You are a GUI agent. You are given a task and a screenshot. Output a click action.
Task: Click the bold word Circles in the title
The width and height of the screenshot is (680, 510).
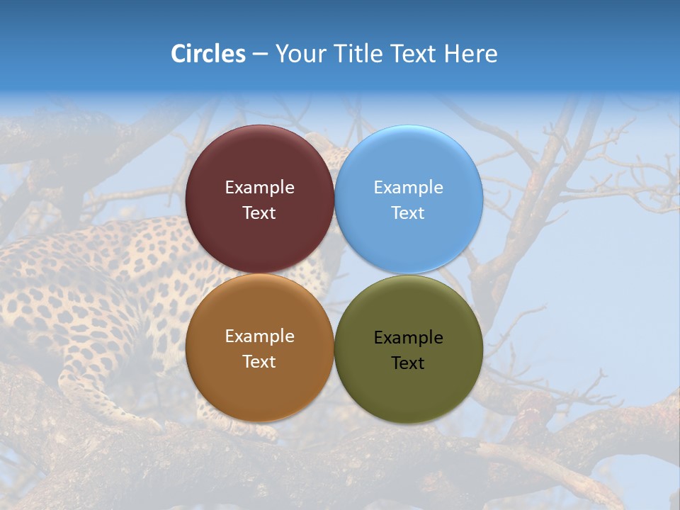[x=208, y=54]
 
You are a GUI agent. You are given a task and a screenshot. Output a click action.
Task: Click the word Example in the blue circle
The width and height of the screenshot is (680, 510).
[x=409, y=188]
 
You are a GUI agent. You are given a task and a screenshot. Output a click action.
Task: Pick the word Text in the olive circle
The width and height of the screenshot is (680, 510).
[x=408, y=363]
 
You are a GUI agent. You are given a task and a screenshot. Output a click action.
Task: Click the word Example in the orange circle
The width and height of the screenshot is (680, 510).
[x=259, y=336]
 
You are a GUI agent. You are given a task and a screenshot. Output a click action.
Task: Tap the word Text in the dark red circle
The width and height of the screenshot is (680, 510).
[x=259, y=213]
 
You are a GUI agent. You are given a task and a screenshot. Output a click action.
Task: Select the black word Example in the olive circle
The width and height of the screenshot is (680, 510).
[x=409, y=338]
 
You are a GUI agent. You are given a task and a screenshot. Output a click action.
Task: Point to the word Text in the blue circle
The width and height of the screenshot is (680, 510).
[x=408, y=213]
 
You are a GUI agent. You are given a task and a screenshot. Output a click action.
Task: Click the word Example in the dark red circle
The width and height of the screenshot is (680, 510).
[x=259, y=188]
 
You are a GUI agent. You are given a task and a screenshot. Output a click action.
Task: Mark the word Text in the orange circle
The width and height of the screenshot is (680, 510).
[x=259, y=362]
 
